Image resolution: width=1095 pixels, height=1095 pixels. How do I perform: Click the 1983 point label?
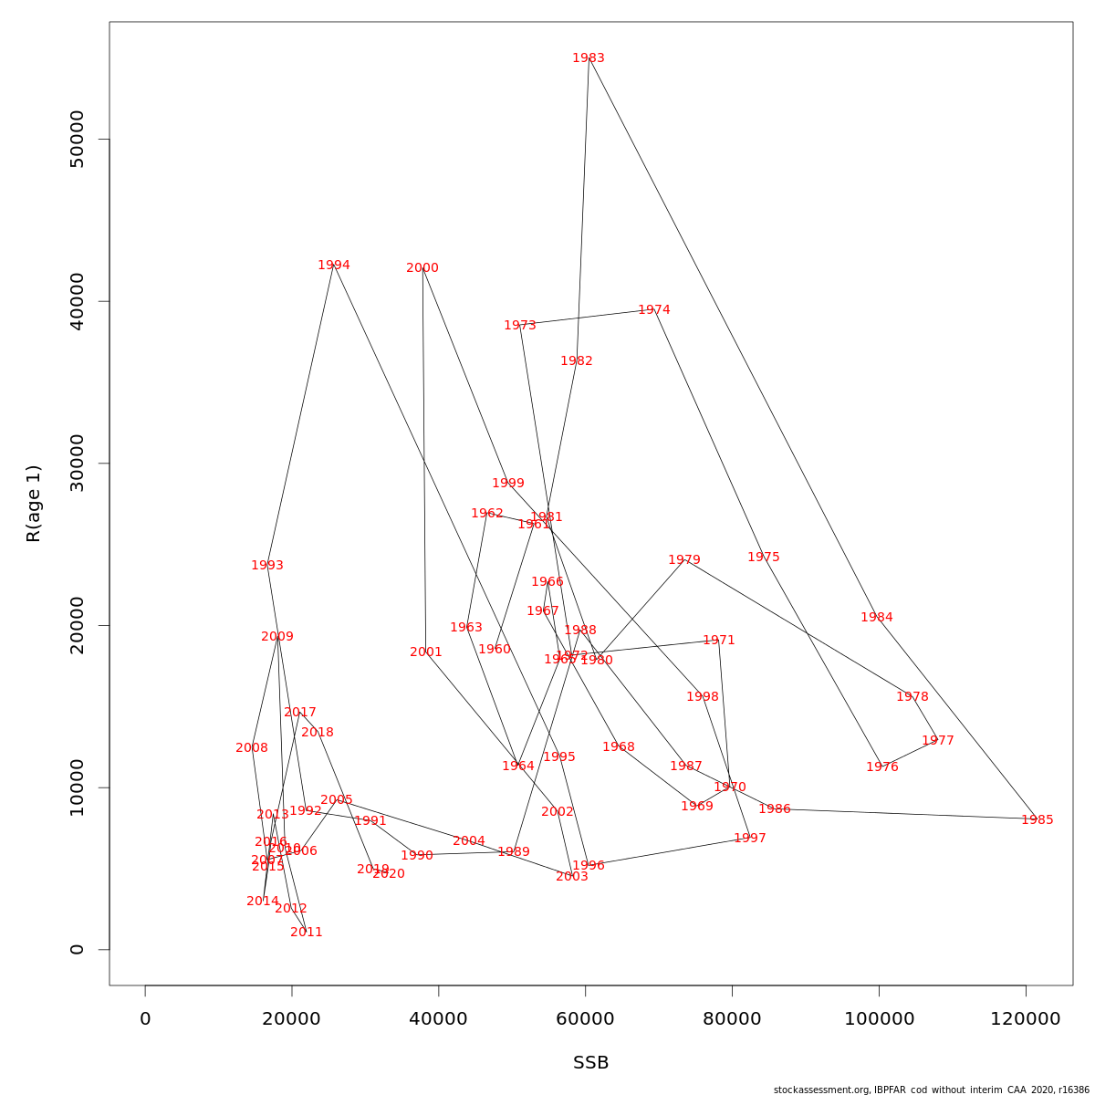[589, 58]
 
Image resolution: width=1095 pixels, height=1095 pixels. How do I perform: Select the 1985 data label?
[1037, 820]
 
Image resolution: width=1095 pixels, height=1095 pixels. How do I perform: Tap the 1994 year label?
[334, 266]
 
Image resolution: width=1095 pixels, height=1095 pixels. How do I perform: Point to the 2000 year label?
[422, 268]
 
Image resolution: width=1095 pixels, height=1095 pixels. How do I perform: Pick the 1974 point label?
[654, 310]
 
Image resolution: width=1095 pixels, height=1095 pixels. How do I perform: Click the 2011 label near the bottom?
[307, 933]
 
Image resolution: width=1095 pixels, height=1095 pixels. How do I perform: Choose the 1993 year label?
[267, 566]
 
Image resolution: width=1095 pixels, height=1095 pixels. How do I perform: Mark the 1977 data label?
[938, 741]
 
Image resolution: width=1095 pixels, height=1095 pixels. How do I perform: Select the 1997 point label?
[750, 839]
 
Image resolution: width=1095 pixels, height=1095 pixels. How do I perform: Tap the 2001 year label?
[426, 652]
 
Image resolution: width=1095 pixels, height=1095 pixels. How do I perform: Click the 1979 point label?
[684, 560]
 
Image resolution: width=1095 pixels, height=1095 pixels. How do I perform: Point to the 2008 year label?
[252, 748]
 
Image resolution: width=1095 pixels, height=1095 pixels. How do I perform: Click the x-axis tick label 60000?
[585, 1019]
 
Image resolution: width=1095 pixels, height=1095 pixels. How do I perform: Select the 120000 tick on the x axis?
[1026, 1019]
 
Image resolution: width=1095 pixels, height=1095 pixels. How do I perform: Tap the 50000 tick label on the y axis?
[78, 140]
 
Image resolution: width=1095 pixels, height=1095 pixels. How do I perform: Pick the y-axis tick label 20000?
[78, 626]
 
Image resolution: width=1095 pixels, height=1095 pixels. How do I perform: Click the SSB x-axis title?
[591, 1063]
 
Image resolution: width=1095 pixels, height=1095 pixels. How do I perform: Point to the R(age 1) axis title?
[34, 504]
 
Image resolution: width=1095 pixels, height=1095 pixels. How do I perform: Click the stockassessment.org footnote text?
[932, 1090]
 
